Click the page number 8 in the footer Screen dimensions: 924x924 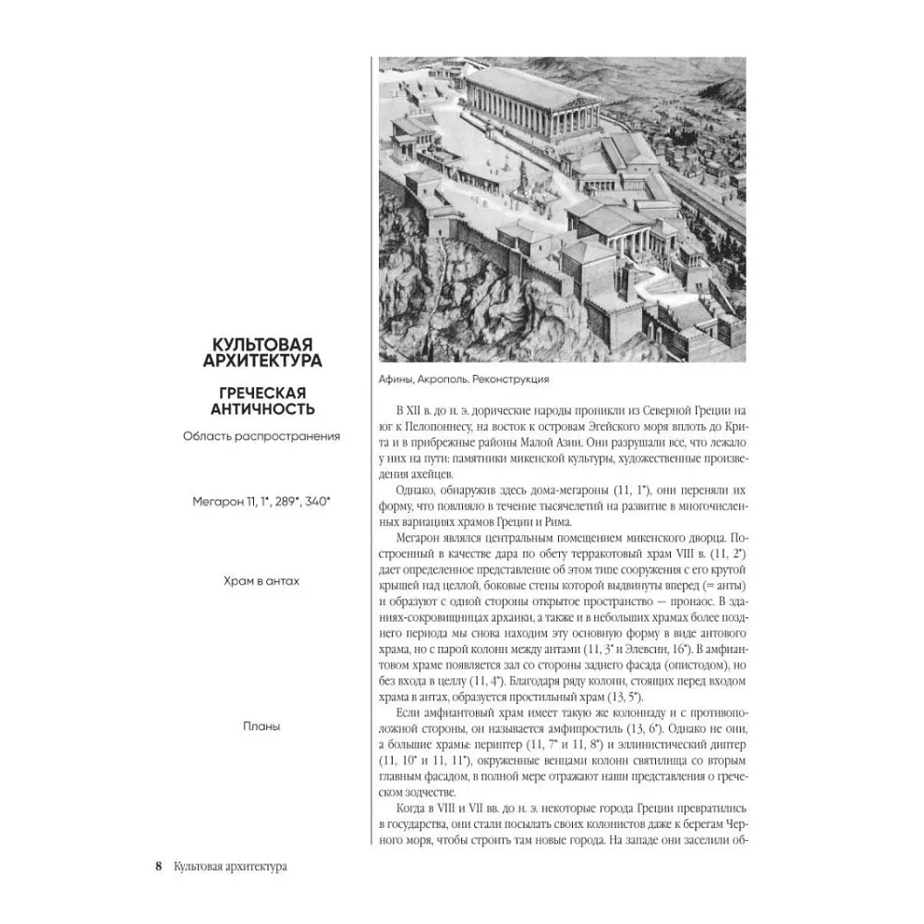(158, 867)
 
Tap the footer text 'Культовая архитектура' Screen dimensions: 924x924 (228, 867)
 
